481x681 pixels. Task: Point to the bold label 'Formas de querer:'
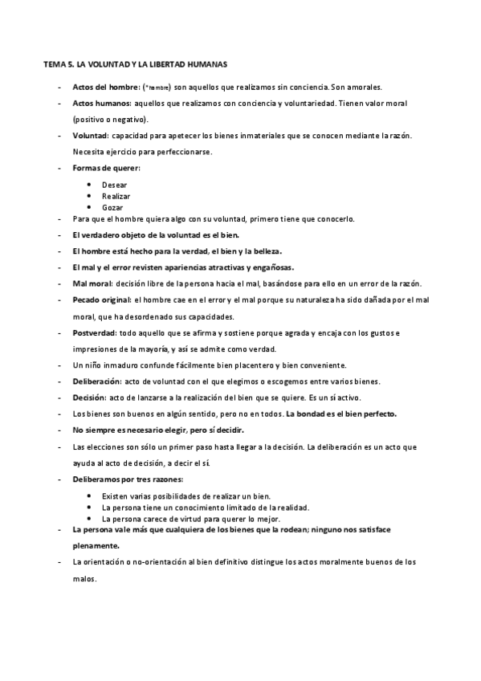click(106, 168)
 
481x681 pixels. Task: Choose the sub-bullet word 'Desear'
click(115, 185)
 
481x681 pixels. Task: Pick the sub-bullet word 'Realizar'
click(116, 196)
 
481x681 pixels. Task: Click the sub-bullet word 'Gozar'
click(113, 207)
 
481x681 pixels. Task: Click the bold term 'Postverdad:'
click(94, 332)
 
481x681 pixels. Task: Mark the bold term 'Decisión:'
click(89, 398)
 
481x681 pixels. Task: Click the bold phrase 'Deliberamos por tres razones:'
click(128, 479)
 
